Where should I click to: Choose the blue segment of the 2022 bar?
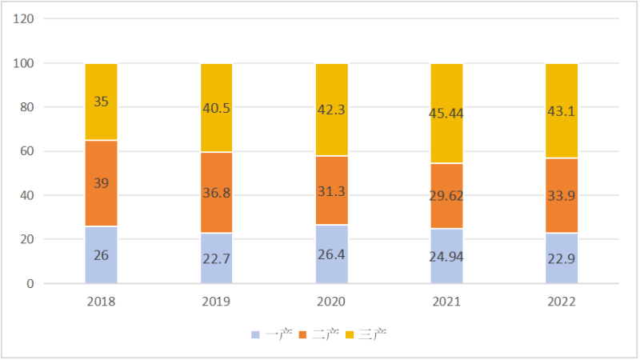click(x=562, y=267)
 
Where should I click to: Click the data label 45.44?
click(x=447, y=113)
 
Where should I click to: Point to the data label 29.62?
click(x=447, y=196)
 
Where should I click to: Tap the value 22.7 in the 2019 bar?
click(x=217, y=258)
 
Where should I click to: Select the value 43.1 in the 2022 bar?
click(x=562, y=110)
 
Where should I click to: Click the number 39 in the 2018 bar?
click(x=102, y=183)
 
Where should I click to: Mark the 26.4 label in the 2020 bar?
click(x=332, y=254)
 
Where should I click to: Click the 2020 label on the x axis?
click(x=332, y=302)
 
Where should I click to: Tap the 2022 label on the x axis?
click(x=562, y=302)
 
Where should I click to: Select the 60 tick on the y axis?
click(x=26, y=151)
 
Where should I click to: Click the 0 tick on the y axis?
click(x=30, y=283)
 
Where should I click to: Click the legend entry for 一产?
click(x=271, y=333)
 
